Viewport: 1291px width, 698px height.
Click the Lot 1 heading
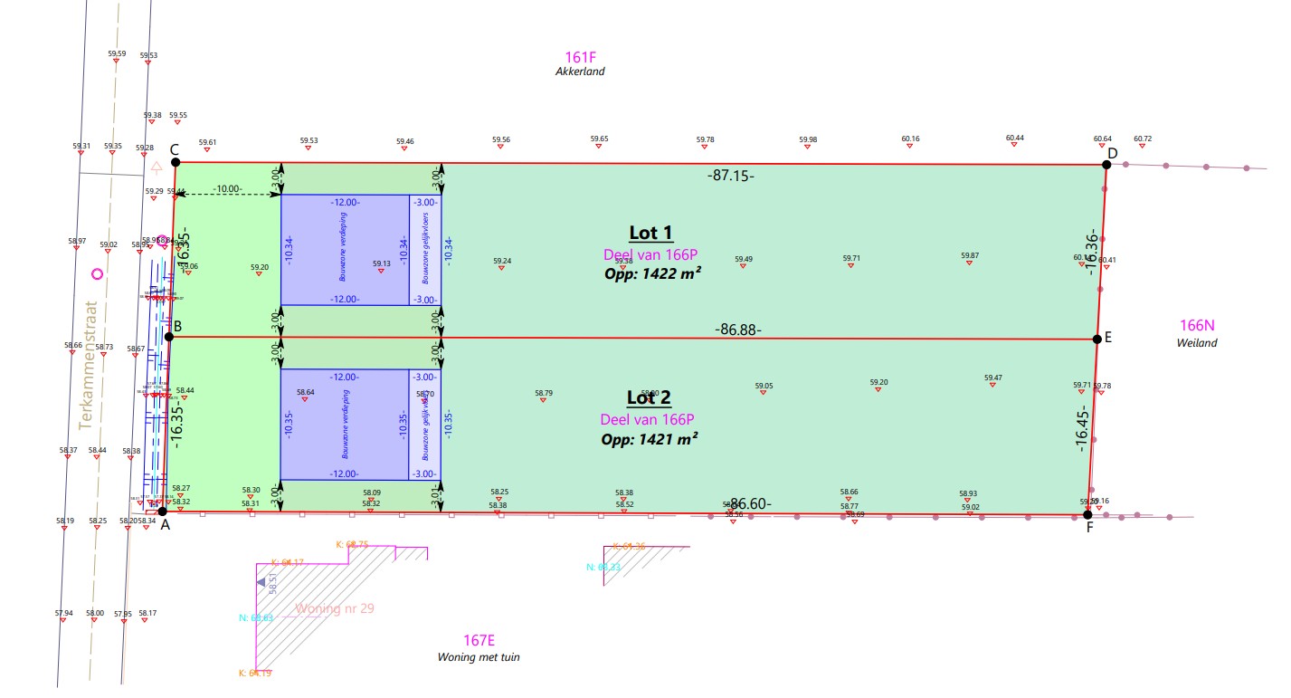tap(650, 233)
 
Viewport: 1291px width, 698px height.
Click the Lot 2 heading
tap(649, 397)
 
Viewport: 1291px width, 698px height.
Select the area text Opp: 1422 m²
tap(653, 273)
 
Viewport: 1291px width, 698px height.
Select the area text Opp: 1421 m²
tap(650, 439)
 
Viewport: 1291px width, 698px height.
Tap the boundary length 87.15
tap(730, 176)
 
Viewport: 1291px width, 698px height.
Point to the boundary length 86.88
tap(737, 330)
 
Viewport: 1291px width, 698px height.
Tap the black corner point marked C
tap(176, 163)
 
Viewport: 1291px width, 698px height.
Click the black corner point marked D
tap(1106, 165)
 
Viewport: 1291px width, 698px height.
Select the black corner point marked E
tap(1096, 339)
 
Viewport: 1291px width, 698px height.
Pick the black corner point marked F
tap(1087, 515)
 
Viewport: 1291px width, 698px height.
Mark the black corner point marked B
tap(168, 337)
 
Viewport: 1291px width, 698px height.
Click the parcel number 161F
tap(579, 56)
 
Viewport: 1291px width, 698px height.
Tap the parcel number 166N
tap(1197, 326)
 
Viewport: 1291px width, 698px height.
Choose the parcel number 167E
tap(479, 641)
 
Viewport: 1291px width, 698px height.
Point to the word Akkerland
tap(580, 72)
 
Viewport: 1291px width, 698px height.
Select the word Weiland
tap(1197, 343)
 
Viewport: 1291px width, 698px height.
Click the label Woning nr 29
tap(335, 608)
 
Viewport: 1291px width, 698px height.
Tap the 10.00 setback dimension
tap(228, 188)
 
